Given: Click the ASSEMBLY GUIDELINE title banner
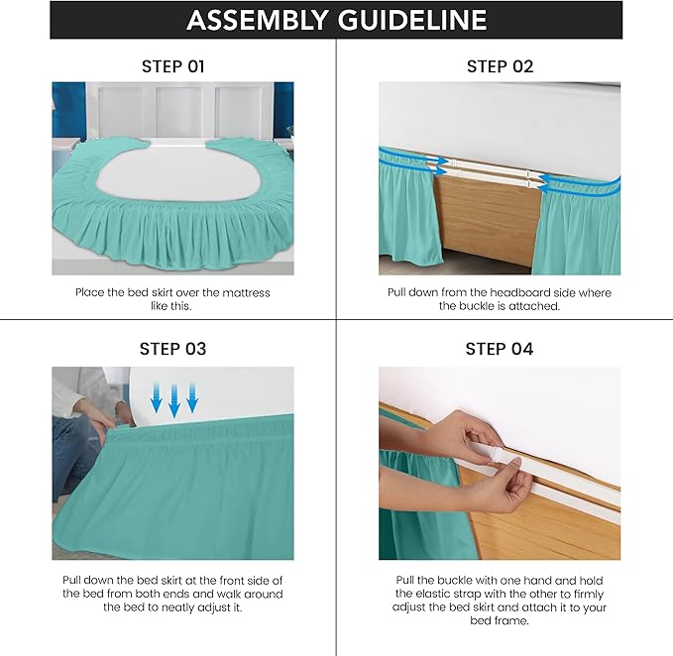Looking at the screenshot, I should (x=336, y=20).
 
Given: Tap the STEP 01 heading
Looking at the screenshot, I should (x=172, y=66).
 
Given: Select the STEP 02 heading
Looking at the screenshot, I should (x=500, y=66).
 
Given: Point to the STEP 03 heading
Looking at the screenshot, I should (x=172, y=349).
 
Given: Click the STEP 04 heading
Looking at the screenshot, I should (x=500, y=349).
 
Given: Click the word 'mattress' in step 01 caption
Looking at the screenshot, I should (x=244, y=292).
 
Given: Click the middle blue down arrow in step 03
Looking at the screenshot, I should (x=174, y=401).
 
